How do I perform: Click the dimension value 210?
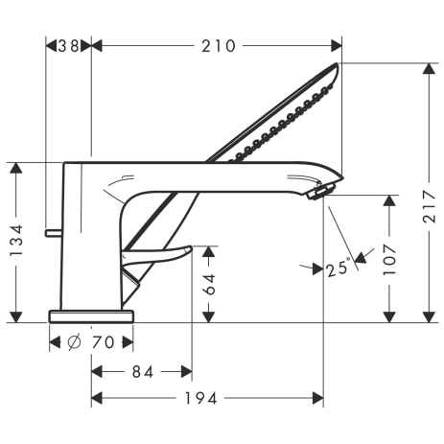219,46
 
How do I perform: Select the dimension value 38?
69,46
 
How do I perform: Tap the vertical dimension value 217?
430,206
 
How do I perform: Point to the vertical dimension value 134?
16,240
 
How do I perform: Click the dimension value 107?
389,259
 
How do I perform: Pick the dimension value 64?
209,284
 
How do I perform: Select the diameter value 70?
103,342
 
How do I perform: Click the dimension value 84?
143,372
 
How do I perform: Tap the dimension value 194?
201,398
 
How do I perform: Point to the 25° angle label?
339,268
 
